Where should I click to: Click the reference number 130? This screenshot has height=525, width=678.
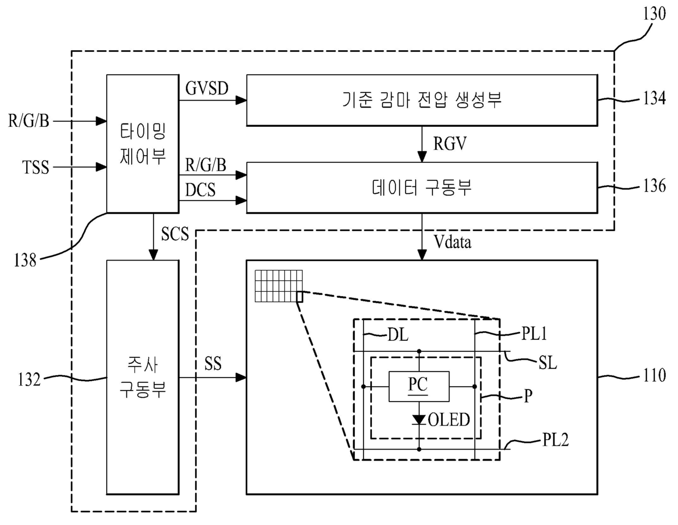point(654,14)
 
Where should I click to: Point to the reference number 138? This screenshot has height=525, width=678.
point(25,259)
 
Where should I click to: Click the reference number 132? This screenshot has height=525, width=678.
point(30,380)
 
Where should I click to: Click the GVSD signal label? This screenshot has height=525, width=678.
point(207,88)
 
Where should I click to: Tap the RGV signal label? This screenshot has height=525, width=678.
point(449,144)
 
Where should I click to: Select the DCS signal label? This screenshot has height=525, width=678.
point(200,190)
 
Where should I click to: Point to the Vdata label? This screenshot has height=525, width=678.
point(452,241)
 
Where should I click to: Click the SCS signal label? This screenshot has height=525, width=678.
point(175,233)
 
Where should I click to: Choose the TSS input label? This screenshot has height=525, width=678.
point(36,167)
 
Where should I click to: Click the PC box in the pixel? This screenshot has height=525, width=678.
point(419,387)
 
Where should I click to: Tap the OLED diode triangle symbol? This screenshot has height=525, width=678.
point(419,420)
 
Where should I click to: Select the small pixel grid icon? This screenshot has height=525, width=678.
point(279,286)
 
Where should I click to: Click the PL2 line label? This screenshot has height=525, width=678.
point(556,440)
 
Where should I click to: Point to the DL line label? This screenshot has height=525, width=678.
point(398,335)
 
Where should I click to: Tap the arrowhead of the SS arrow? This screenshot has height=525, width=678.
point(241,377)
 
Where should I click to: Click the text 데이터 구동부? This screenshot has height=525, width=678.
point(422,188)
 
